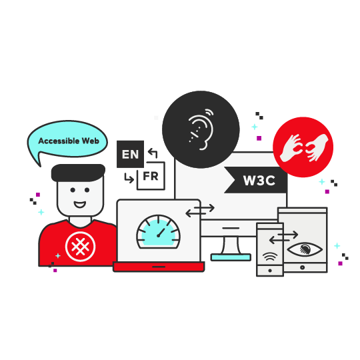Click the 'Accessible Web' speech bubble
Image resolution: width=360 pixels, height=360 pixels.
point(68,140)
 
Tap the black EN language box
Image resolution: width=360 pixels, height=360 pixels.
point(130,154)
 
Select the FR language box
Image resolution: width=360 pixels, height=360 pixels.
point(151,176)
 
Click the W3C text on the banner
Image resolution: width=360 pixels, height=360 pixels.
point(259,181)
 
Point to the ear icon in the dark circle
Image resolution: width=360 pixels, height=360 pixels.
point(201,129)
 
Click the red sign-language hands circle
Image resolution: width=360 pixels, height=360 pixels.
point(303,147)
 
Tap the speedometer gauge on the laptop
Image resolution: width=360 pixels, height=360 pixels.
point(158,232)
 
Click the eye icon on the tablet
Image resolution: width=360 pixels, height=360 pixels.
point(305,249)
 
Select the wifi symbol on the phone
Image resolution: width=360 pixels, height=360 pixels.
point(270,257)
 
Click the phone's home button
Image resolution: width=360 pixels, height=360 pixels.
point(270,271)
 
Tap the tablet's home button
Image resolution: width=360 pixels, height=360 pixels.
point(303,267)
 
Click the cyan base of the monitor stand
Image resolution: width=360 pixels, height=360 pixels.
point(231,257)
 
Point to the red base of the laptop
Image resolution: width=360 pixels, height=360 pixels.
point(159,267)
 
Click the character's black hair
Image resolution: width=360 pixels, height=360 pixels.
point(78,173)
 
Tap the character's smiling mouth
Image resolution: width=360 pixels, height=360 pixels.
point(80,204)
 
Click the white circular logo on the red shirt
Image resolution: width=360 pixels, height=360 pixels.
point(80,247)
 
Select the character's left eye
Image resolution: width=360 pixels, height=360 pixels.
point(73,190)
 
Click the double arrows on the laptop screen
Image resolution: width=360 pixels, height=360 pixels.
point(200,211)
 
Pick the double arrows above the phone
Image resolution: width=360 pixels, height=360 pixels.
point(283,237)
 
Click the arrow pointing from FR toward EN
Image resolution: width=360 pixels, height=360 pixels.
point(153,153)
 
